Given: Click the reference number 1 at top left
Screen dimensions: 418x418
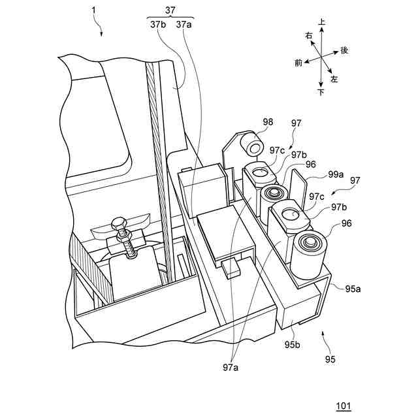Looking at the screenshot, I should [x=93, y=12].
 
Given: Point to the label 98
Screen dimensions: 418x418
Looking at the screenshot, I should [x=249, y=121].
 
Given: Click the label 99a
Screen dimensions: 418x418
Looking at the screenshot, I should [x=336, y=174].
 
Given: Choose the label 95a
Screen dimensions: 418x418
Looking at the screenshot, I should [x=353, y=287].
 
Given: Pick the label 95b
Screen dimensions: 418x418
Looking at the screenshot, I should [x=291, y=344].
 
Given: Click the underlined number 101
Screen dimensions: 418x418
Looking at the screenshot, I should [x=344, y=406].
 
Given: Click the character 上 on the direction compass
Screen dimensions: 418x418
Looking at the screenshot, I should [x=321, y=22].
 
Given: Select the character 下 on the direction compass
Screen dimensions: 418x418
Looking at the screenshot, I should [x=321, y=93].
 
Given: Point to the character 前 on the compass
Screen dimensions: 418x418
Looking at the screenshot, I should [x=298, y=63].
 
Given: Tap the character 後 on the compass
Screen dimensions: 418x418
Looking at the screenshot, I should [x=344, y=50].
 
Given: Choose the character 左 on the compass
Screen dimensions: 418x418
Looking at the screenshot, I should [x=334, y=78].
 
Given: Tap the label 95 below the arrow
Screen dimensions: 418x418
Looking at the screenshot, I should [x=330, y=359].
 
